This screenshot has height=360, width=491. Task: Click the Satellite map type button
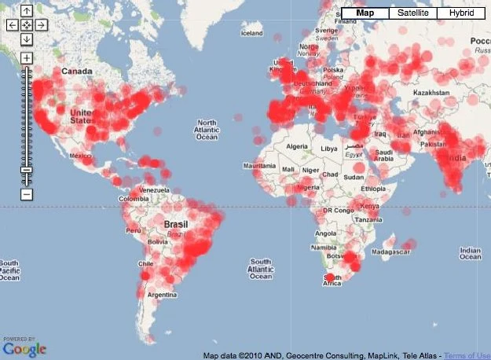[413, 13]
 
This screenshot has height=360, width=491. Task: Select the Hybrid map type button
[461, 13]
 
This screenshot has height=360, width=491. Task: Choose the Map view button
[365, 13]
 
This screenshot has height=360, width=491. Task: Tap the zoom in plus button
[27, 58]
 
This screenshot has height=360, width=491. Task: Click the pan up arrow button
[27, 11]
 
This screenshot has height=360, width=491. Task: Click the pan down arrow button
[27, 39]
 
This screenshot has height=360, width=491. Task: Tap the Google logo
[24, 347]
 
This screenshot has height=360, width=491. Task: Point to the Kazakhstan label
[422, 93]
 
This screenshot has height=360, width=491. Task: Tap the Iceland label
[251, 33]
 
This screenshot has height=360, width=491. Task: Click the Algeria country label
[296, 146]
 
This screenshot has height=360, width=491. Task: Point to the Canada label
[77, 71]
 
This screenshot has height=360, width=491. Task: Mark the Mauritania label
[260, 166]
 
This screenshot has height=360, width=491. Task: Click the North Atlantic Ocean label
[207, 130]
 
